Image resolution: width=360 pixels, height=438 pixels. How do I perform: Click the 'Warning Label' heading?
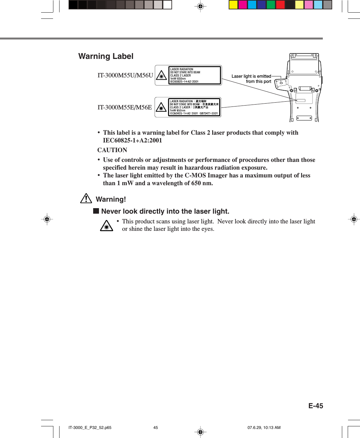coord(106,56)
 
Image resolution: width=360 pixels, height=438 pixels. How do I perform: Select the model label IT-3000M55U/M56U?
coord(125,75)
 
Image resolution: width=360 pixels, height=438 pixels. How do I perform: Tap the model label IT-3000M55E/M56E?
coord(125,107)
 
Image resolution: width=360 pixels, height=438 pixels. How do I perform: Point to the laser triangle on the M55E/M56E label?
coord(161,107)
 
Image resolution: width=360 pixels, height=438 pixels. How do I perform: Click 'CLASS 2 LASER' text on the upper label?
coord(180,75)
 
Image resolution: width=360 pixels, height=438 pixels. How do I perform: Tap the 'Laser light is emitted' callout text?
coord(251,76)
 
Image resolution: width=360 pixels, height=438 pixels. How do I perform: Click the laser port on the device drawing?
coord(281,83)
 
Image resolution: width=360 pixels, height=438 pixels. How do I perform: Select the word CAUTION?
coord(112,150)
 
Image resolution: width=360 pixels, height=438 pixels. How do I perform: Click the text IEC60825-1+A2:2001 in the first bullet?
coord(132,140)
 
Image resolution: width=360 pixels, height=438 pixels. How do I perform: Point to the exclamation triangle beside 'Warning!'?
coord(86,198)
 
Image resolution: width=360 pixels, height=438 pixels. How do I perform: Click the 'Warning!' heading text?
coord(111,199)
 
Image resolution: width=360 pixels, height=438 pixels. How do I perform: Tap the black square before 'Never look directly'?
coord(96,211)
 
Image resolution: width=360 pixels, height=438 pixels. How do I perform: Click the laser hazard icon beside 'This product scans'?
coord(106,226)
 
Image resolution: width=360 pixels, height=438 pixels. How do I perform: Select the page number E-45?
coord(315,406)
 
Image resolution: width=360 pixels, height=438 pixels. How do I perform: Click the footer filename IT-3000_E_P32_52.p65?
coord(90,428)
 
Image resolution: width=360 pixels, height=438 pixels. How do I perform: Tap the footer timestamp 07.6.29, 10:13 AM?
coord(264,428)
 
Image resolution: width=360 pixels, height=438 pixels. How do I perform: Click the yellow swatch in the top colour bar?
coord(233,5)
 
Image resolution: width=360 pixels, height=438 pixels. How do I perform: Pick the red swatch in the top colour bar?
coord(280,5)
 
